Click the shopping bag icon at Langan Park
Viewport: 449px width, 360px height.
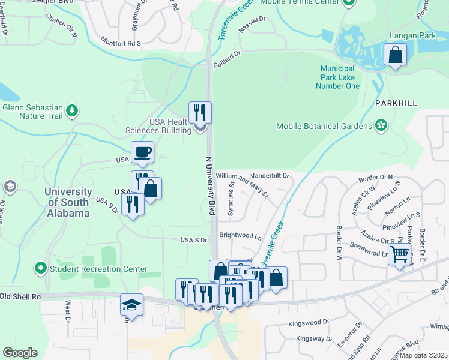coord(396,56)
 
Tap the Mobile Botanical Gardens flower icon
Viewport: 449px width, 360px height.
coord(380,126)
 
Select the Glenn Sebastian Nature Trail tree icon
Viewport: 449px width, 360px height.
coord(72,110)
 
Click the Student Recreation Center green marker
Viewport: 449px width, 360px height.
coord(41,268)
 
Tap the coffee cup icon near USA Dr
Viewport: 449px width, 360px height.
coord(143,152)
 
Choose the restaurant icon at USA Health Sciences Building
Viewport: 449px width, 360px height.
coord(200,112)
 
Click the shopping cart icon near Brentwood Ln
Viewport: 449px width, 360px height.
coord(399,254)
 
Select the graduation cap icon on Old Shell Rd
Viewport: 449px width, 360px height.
coord(131,305)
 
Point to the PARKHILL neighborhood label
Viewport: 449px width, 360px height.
coord(396,103)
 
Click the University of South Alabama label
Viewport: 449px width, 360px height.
coord(67,202)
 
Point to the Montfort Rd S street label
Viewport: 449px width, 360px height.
coord(120,43)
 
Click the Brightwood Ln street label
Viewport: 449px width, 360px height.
coord(241,236)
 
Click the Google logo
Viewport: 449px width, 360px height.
coord(20,353)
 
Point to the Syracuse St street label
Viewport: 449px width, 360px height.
coord(231,202)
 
